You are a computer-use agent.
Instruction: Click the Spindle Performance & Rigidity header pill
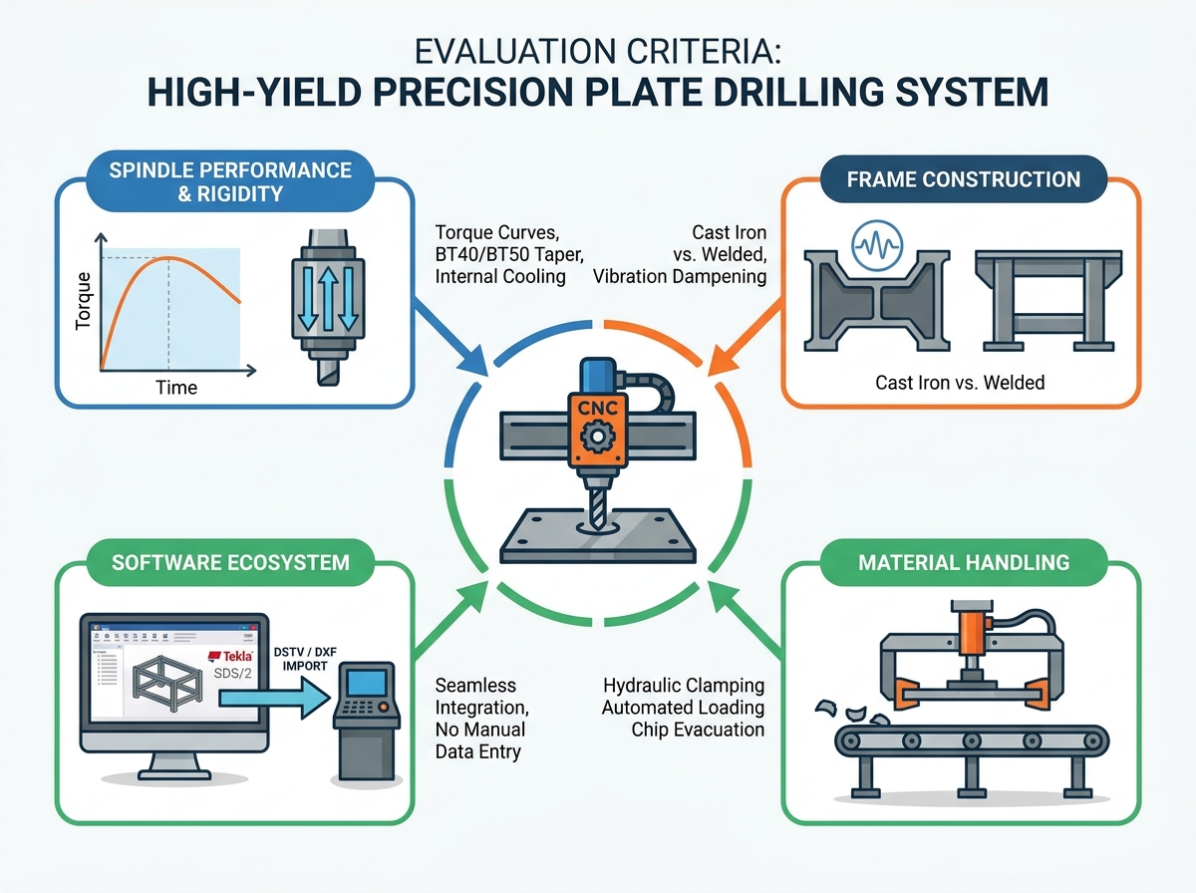click(230, 181)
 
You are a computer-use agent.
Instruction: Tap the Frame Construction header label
click(964, 179)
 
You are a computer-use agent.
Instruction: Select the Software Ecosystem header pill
click(230, 562)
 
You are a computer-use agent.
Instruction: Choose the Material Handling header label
click(964, 562)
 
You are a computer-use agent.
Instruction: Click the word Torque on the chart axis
click(83, 301)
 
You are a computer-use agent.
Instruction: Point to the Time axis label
click(176, 388)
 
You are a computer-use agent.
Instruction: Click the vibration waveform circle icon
click(877, 246)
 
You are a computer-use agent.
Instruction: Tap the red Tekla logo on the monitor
click(230, 656)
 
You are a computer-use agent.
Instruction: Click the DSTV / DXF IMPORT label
click(305, 659)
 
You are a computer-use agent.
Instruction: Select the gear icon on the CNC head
click(597, 436)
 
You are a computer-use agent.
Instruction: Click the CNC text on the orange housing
click(597, 408)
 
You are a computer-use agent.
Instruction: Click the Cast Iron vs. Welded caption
click(960, 383)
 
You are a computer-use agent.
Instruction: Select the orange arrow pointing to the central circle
click(746, 337)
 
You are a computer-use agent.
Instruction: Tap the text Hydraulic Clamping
click(684, 686)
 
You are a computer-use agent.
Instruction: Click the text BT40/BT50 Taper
click(509, 254)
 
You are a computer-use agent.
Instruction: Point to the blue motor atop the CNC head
click(598, 376)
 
